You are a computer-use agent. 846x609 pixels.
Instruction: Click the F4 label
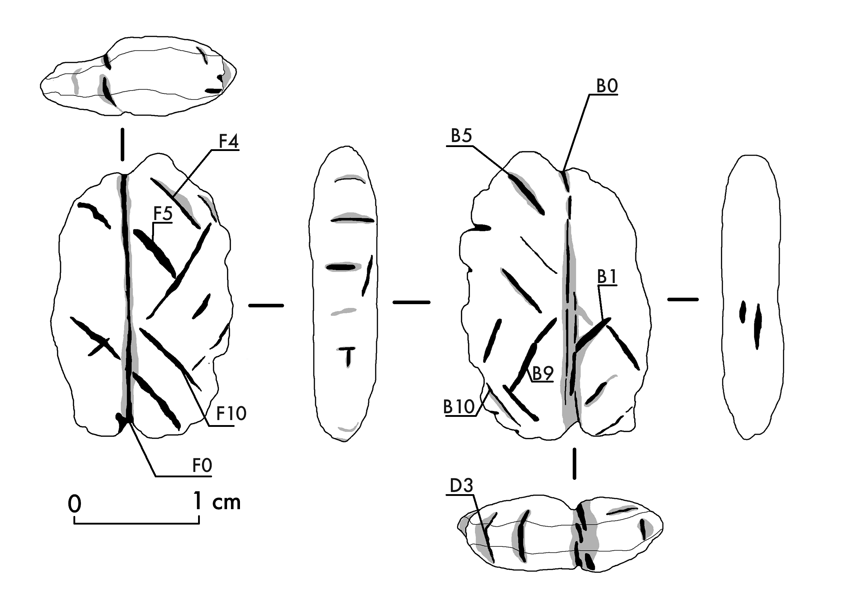pyautogui.click(x=228, y=141)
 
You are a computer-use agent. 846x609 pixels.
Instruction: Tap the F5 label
pyautogui.click(x=163, y=214)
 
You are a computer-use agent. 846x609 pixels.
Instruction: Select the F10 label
pyautogui.click(x=231, y=413)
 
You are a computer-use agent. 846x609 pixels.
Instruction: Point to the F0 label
pyautogui.click(x=202, y=466)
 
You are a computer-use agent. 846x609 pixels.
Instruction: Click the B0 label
pyautogui.click(x=607, y=86)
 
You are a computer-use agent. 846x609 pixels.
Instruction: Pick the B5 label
pyautogui.click(x=461, y=136)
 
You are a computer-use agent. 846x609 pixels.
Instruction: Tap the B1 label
pyautogui.click(x=607, y=277)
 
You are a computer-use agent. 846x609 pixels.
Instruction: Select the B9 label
pyautogui.click(x=543, y=373)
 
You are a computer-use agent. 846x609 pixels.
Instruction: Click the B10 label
pyautogui.click(x=459, y=406)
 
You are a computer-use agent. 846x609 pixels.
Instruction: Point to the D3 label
pyautogui.click(x=461, y=486)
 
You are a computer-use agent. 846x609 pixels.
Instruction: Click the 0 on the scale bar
pyautogui.click(x=74, y=504)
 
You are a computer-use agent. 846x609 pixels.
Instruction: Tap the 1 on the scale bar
pyautogui.click(x=198, y=501)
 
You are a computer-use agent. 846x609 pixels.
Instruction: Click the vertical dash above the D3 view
pyautogui.click(x=575, y=464)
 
